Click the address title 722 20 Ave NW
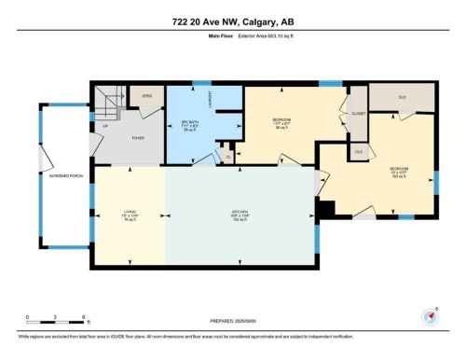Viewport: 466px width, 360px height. click(x=232, y=22)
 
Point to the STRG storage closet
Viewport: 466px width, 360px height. click(x=147, y=96)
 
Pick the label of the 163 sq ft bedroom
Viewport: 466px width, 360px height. click(x=399, y=171)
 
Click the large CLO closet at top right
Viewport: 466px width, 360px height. click(x=402, y=97)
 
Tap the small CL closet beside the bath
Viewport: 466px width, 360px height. click(x=227, y=156)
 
